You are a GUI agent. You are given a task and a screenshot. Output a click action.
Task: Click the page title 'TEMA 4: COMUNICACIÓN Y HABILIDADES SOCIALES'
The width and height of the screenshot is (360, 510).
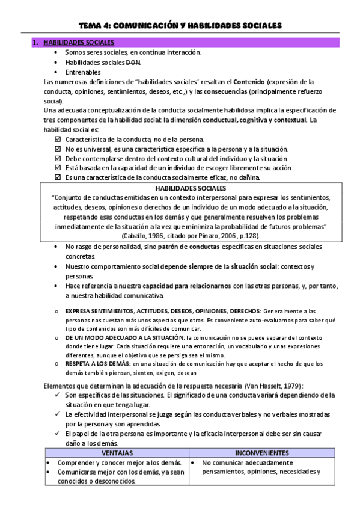coord(180,25)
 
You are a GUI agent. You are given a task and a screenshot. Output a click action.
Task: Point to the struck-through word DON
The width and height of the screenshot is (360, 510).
coord(134,62)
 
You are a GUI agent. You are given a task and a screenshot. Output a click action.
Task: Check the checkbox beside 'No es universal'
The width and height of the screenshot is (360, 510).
coord(58,149)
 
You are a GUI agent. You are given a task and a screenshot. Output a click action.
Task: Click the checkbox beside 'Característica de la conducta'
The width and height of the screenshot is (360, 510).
coord(58,139)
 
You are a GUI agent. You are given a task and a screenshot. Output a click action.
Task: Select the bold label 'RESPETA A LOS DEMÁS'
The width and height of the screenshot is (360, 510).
coord(97,363)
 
